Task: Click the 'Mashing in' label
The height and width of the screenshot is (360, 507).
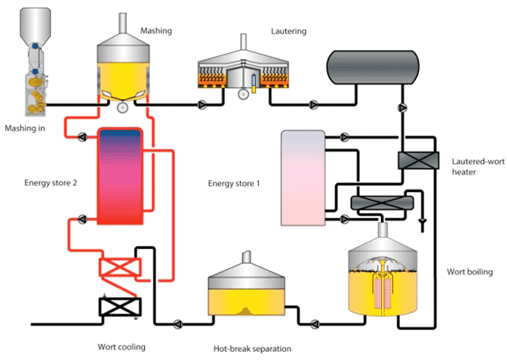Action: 25,128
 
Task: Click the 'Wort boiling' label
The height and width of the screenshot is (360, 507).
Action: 470,273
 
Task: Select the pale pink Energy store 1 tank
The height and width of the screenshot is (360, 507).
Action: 302,178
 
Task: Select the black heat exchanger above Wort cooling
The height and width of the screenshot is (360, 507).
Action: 118,306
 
